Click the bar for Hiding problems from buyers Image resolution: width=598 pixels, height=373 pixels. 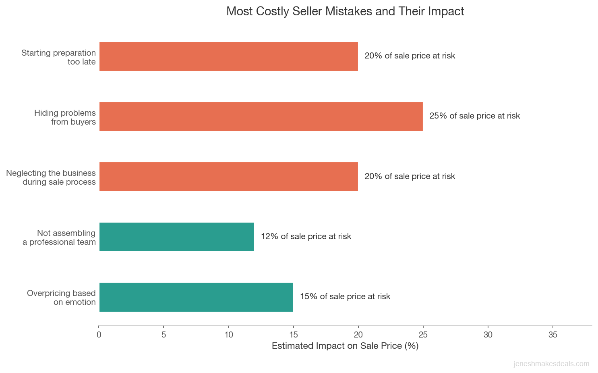pyautogui.click(x=261, y=117)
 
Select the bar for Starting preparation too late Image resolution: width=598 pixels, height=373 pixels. pyautogui.click(x=228, y=56)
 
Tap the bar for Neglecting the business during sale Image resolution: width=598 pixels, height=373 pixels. pyautogui.click(x=228, y=177)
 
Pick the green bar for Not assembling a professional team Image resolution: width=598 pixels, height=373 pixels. pyautogui.click(x=176, y=237)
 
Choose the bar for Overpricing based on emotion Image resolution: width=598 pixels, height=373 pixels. pyautogui.click(x=196, y=297)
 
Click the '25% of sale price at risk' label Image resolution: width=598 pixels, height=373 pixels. pyautogui.click(x=474, y=116)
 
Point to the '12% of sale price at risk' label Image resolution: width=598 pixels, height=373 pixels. pyautogui.click(x=306, y=237)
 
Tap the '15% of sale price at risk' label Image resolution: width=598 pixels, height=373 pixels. pyautogui.click(x=345, y=297)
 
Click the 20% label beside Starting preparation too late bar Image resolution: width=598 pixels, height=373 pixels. pyautogui.click(x=410, y=56)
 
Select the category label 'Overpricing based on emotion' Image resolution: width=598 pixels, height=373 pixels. pyautogui.click(x=61, y=298)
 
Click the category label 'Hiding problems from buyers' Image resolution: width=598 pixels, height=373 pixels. pyautogui.click(x=65, y=117)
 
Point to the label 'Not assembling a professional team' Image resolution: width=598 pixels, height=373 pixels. pyautogui.click(x=59, y=238)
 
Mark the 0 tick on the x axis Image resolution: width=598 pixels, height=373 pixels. pyautogui.click(x=99, y=335)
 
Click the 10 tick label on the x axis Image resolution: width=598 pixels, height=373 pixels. pyautogui.click(x=228, y=335)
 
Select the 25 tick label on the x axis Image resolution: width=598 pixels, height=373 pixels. pyautogui.click(x=423, y=335)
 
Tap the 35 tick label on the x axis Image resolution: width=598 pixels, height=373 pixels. pyautogui.click(x=552, y=335)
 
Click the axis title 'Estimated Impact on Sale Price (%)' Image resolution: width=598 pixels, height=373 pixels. pyautogui.click(x=345, y=346)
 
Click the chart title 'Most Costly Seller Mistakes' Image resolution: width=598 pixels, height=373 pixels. pyautogui.click(x=345, y=11)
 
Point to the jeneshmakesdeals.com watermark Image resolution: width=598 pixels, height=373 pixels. pyautogui.click(x=551, y=364)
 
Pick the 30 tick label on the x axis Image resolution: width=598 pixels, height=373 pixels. pyautogui.click(x=488, y=335)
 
